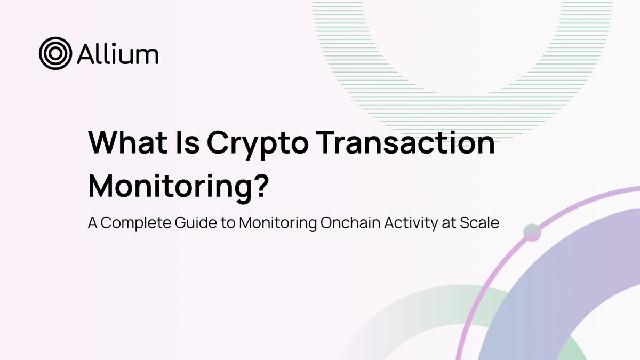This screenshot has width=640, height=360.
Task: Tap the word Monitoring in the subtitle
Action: (x=277, y=223)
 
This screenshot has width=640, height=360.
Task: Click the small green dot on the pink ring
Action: (x=532, y=233)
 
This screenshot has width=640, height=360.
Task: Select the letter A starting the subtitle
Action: (x=93, y=222)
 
